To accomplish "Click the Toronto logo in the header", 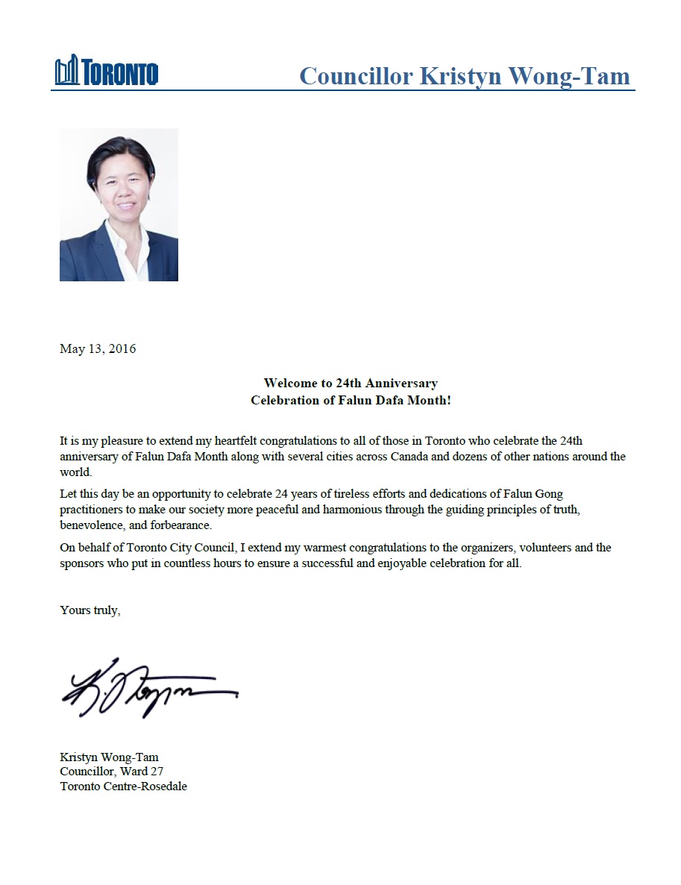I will [106, 72].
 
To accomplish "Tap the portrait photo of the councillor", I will [119, 204].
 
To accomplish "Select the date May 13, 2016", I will [98, 348].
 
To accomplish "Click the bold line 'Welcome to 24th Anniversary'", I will [351, 383].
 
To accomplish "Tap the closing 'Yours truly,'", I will [90, 610].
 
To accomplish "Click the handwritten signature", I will [148, 689].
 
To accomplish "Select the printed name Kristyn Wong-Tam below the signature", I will [109, 757].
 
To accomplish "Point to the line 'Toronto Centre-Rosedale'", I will [123, 787].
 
